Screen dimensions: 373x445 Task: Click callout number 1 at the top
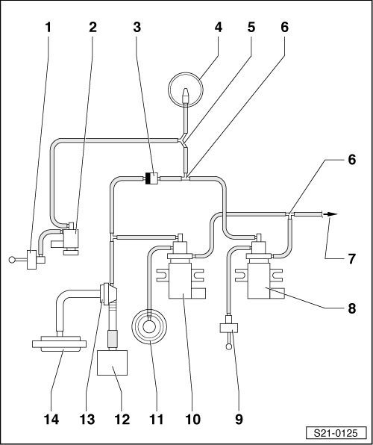coord(48,28)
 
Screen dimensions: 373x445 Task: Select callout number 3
coord(137,28)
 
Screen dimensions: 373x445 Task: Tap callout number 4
coord(218,28)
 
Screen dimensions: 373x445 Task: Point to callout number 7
coord(351,259)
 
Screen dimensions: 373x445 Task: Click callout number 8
coord(351,308)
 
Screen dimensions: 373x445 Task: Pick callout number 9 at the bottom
coord(239,420)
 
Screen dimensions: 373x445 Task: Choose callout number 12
coord(122,420)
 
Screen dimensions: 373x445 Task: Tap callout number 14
coord(51,420)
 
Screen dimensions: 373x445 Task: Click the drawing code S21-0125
coord(336,433)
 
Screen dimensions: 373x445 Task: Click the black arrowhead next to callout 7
coord(330,214)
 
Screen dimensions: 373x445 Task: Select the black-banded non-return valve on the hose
coord(151,178)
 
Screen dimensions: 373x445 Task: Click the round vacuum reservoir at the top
coord(186,90)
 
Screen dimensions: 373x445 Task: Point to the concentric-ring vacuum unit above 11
coord(149,326)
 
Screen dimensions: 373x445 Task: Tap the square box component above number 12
coord(112,363)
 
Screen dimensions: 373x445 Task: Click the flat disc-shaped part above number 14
coord(59,343)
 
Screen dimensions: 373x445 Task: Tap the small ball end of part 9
coord(229,346)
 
